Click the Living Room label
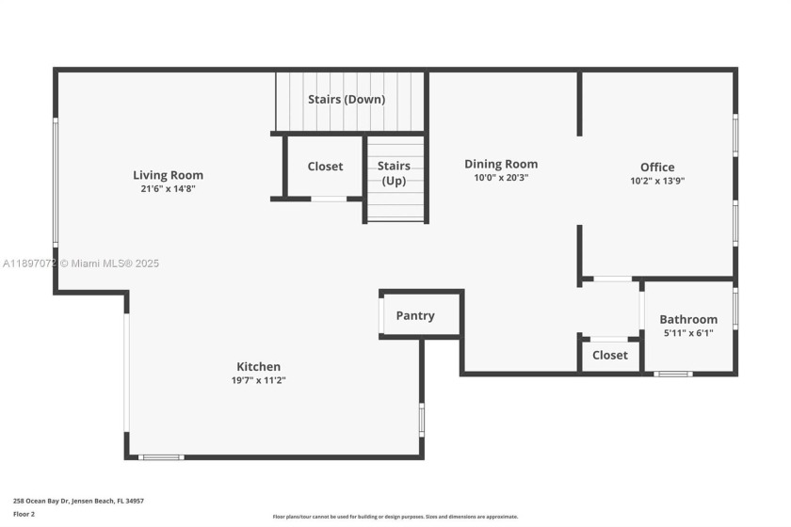(x=168, y=175)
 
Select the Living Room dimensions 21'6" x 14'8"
(x=168, y=188)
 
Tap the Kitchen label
(x=258, y=367)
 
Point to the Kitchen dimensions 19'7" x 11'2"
(x=258, y=380)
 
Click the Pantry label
(x=415, y=315)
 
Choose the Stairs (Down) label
(x=347, y=99)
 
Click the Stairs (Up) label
(x=394, y=173)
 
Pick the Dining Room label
(x=501, y=164)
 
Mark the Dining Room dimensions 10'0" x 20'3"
(x=501, y=177)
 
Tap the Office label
(x=657, y=168)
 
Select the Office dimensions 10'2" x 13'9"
(x=657, y=181)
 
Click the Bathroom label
(x=688, y=319)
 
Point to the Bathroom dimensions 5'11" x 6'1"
(x=688, y=332)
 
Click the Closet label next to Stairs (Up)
(x=325, y=167)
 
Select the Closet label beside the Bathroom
(x=610, y=356)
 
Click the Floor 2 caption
(x=24, y=514)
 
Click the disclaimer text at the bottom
(x=395, y=517)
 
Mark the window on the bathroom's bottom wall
(x=672, y=374)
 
